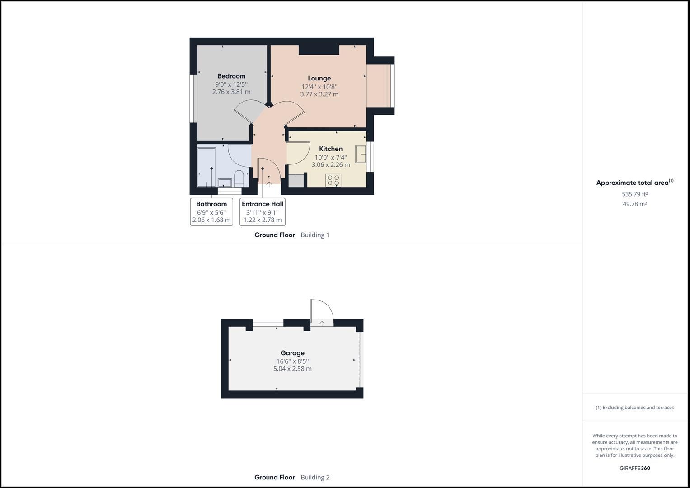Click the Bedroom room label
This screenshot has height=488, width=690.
[231, 76]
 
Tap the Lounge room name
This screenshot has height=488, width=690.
[319, 78]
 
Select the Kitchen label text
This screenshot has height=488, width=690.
[330, 149]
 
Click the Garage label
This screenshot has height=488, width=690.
[292, 353]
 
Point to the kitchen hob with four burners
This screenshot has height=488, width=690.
[333, 180]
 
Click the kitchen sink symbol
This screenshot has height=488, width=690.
[361, 154]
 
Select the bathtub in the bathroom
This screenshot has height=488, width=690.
[207, 166]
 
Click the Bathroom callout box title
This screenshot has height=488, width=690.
[211, 204]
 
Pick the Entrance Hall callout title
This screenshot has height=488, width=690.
[262, 204]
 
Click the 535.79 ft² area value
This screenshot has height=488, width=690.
[634, 194]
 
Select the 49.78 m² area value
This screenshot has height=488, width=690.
[634, 204]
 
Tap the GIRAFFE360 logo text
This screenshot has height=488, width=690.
[634, 468]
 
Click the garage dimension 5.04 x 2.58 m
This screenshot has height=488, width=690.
[292, 369]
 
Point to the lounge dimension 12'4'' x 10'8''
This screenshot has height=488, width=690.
[319, 87]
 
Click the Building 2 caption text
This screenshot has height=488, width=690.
[315, 477]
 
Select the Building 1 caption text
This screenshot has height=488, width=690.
[315, 235]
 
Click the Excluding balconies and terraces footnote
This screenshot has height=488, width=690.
[634, 408]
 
